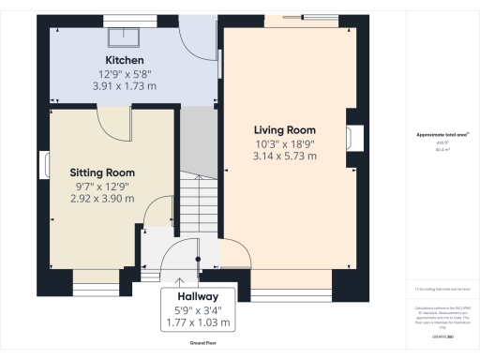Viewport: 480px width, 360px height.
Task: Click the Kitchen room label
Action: pyautogui.click(x=124, y=59)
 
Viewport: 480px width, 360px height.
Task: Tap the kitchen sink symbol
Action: pyautogui.click(x=124, y=37)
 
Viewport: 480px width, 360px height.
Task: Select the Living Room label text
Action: pyautogui.click(x=284, y=129)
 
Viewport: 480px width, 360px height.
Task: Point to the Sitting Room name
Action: pyautogui.click(x=102, y=172)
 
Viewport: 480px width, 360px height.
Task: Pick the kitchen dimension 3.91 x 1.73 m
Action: pyautogui.click(x=124, y=85)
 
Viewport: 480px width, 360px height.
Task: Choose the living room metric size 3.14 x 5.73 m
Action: pyautogui.click(x=284, y=156)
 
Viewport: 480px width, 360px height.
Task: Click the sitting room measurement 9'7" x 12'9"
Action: pyautogui.click(x=102, y=186)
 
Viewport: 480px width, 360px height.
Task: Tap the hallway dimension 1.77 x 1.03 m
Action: pyautogui.click(x=196, y=322)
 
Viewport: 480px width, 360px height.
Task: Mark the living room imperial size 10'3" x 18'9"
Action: pyautogui.click(x=284, y=142)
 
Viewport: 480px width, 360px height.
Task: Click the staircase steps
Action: pyautogui.click(x=199, y=202)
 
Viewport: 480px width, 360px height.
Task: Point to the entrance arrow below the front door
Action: pyautogui.click(x=180, y=278)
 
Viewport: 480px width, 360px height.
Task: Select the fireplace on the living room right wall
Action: pyautogui.click(x=353, y=138)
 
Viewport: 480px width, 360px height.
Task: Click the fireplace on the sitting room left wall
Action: pyautogui.click(x=45, y=164)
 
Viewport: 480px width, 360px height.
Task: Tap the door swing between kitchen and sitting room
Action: pyautogui.click(x=111, y=122)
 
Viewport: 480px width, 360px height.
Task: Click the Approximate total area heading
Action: pyautogui.click(x=442, y=135)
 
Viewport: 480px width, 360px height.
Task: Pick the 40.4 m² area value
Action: pyautogui.click(x=442, y=148)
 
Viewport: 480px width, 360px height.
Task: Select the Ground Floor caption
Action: pyautogui.click(x=197, y=344)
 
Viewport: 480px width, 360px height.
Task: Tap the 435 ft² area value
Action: pyautogui.click(x=442, y=142)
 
